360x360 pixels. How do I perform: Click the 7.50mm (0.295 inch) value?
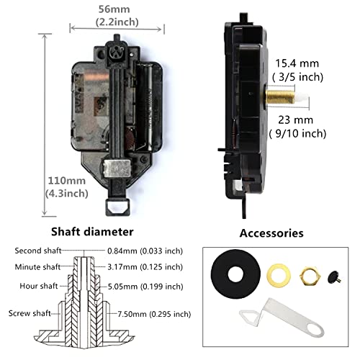pyautogui.click(x=154, y=314)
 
